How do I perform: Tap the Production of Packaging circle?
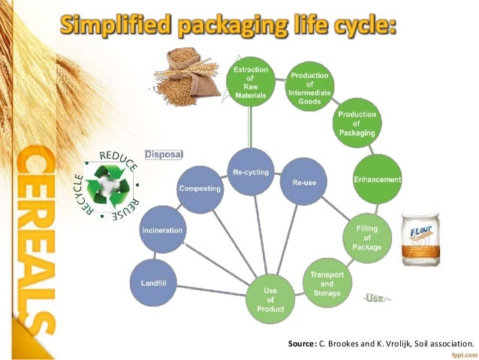[357, 124]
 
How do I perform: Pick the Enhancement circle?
[377, 180]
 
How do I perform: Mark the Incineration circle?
[162, 230]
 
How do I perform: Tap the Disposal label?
[163, 155]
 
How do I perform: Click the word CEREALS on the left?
[35, 240]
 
